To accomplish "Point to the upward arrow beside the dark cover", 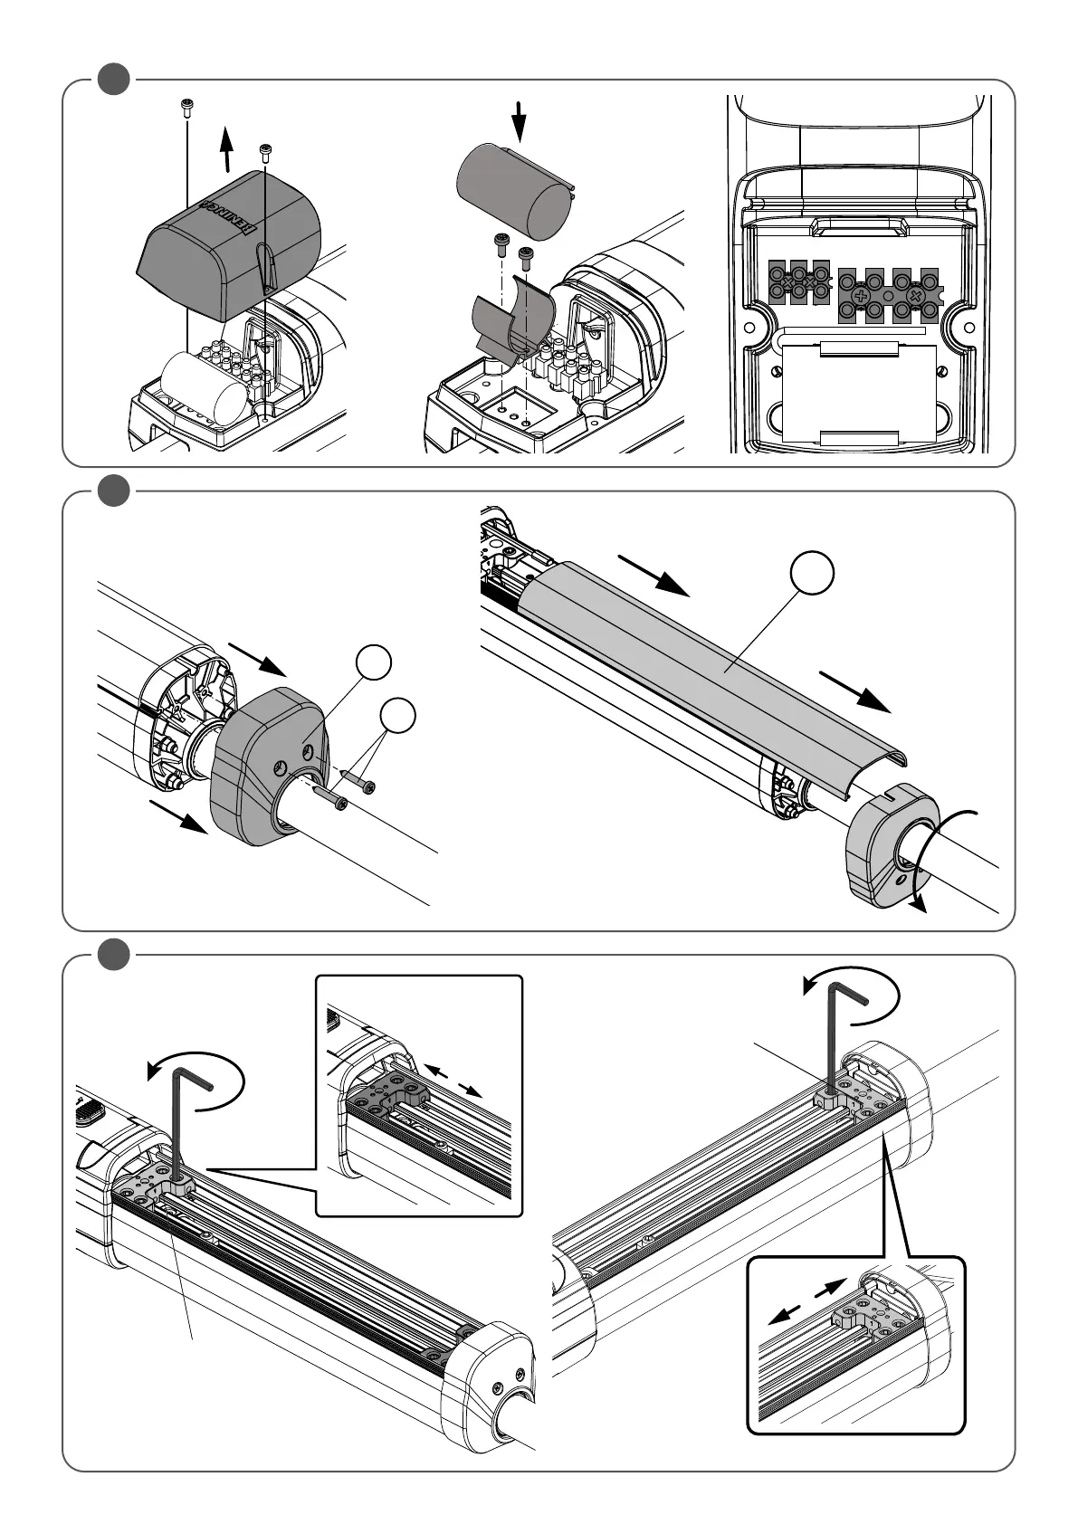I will (226, 148).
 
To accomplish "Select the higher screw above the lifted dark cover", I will (186, 107).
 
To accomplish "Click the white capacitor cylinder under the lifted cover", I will (205, 387).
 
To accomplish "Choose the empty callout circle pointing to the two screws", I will (398, 715).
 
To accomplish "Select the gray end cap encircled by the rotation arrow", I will (882, 850).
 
